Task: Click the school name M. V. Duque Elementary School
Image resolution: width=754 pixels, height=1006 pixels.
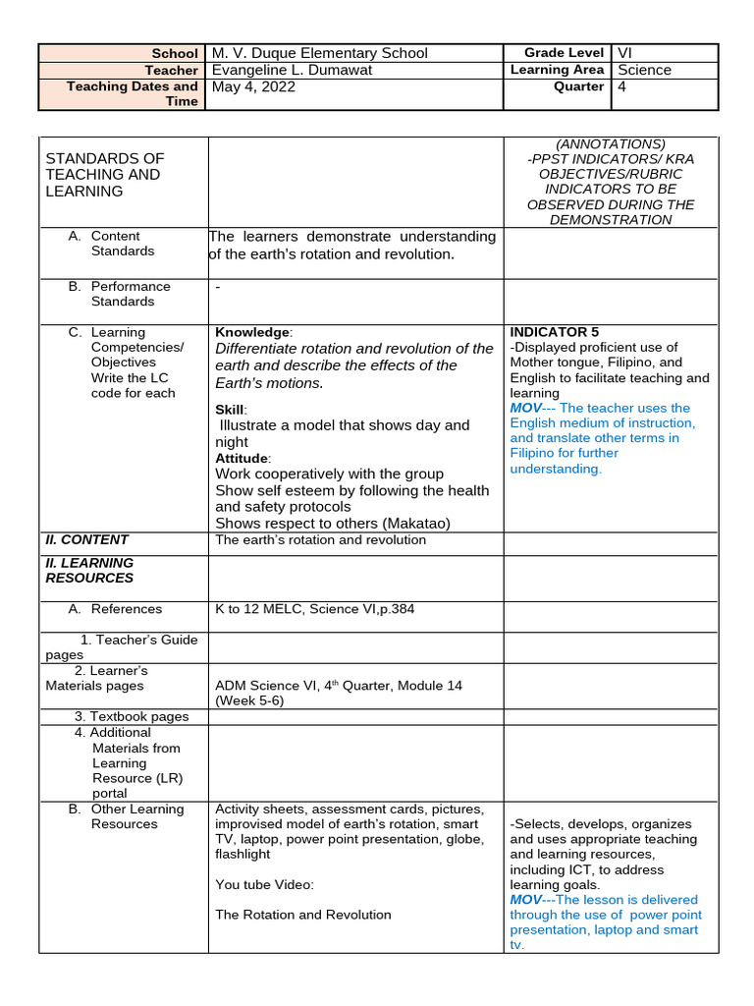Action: pos(320,53)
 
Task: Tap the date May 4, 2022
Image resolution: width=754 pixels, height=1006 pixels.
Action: pos(253,86)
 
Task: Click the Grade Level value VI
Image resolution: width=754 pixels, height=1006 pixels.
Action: pos(625,53)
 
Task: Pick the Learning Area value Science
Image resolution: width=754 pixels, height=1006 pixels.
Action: pos(644,70)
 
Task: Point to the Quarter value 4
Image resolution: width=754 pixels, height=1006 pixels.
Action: pos(621,86)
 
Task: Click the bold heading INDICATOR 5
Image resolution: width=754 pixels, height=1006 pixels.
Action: pos(554,332)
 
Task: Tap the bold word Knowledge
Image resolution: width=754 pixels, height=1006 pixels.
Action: pos(252,332)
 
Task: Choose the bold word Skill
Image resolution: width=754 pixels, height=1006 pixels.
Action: pos(231,409)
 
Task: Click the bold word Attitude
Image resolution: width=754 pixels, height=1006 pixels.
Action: pos(241,458)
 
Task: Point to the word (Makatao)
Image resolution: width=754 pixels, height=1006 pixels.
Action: pos(397,523)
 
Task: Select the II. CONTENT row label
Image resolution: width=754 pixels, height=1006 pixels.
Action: pos(86,539)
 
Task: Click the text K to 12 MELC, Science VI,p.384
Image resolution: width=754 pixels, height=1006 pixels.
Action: pos(314,609)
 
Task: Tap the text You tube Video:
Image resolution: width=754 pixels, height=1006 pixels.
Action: pos(264,884)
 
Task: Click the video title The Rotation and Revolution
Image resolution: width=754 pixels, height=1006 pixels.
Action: pos(302,915)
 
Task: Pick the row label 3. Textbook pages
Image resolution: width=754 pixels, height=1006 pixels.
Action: pos(132,716)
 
